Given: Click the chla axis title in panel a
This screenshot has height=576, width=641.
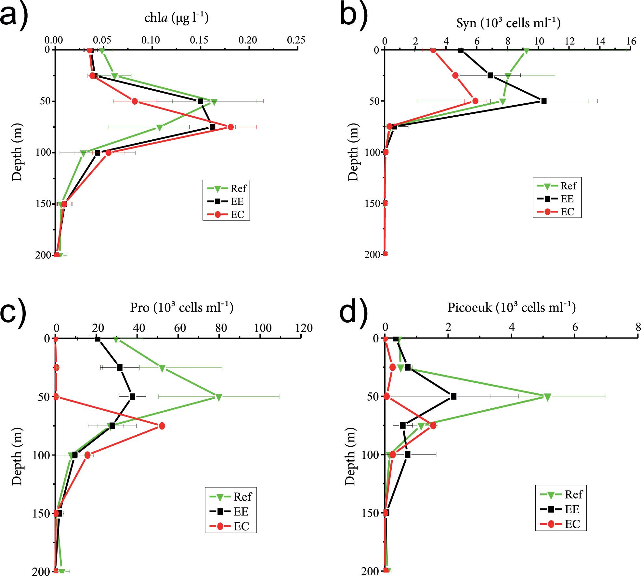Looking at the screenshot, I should (176, 19).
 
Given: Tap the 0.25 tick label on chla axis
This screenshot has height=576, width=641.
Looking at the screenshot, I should (297, 40).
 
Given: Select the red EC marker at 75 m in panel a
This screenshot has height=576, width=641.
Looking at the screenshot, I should (230, 127).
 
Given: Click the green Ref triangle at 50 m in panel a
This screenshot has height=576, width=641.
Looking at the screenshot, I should (214, 102).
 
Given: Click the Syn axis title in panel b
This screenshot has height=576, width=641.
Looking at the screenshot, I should (508, 23).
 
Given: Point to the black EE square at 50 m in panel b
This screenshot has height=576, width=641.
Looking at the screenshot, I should (544, 101).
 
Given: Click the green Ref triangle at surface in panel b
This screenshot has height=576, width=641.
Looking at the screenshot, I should (526, 50).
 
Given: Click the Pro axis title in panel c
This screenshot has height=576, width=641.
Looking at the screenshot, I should (182, 307).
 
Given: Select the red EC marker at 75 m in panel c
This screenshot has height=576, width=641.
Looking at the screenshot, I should (162, 426).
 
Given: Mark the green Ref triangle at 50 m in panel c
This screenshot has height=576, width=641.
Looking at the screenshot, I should (219, 397).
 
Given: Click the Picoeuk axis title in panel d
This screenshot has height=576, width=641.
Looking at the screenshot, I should (512, 307).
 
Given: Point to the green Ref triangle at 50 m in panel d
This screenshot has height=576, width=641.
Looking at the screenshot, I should (547, 397).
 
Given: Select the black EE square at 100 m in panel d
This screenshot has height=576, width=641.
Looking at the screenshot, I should (407, 455).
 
